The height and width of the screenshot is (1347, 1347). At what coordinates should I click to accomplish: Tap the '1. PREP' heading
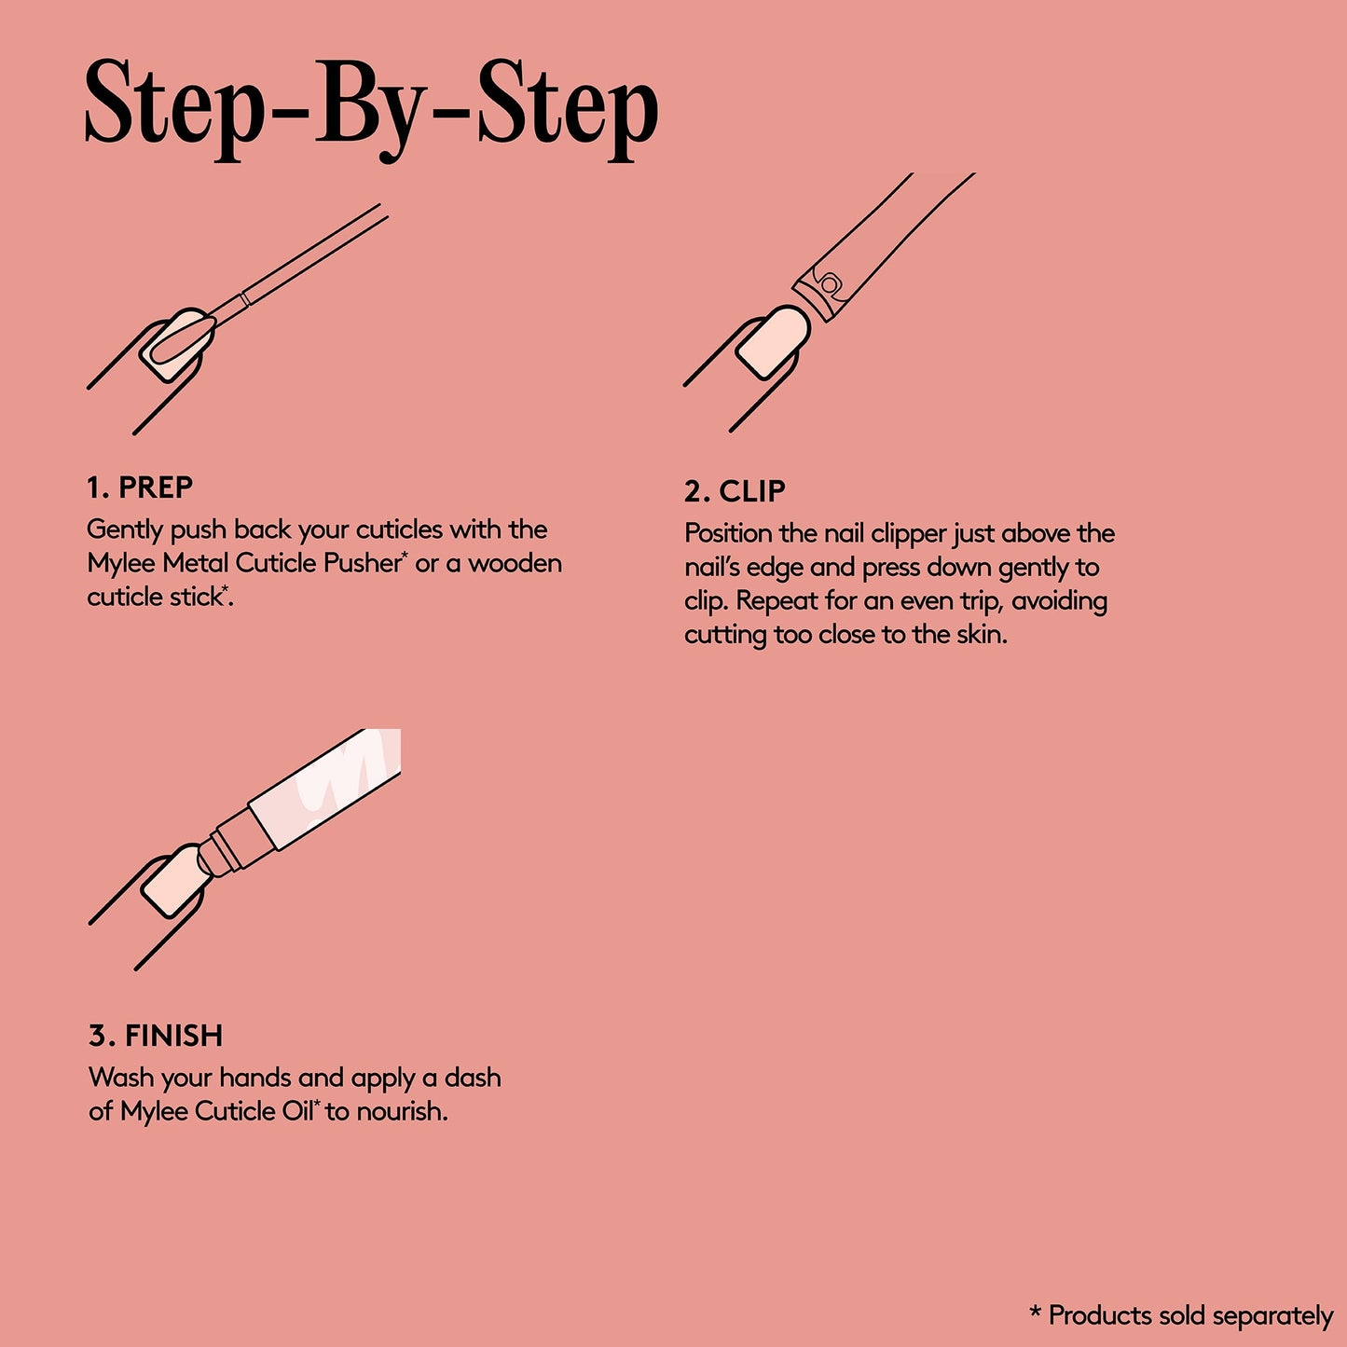pyautogui.click(x=140, y=488)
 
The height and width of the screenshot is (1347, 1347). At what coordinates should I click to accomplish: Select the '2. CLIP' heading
pyautogui.click(x=735, y=491)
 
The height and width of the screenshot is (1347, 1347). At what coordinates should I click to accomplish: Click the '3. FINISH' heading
pyautogui.click(x=156, y=1036)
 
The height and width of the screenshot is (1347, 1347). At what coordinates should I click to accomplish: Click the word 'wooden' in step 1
pyautogui.click(x=515, y=563)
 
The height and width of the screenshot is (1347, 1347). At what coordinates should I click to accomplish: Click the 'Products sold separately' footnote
pyautogui.click(x=1182, y=1315)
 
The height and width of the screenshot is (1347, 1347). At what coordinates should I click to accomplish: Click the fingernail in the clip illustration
pyautogui.click(x=773, y=342)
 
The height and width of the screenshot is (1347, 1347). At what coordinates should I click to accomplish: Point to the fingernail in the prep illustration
pyautogui.click(x=177, y=345)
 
